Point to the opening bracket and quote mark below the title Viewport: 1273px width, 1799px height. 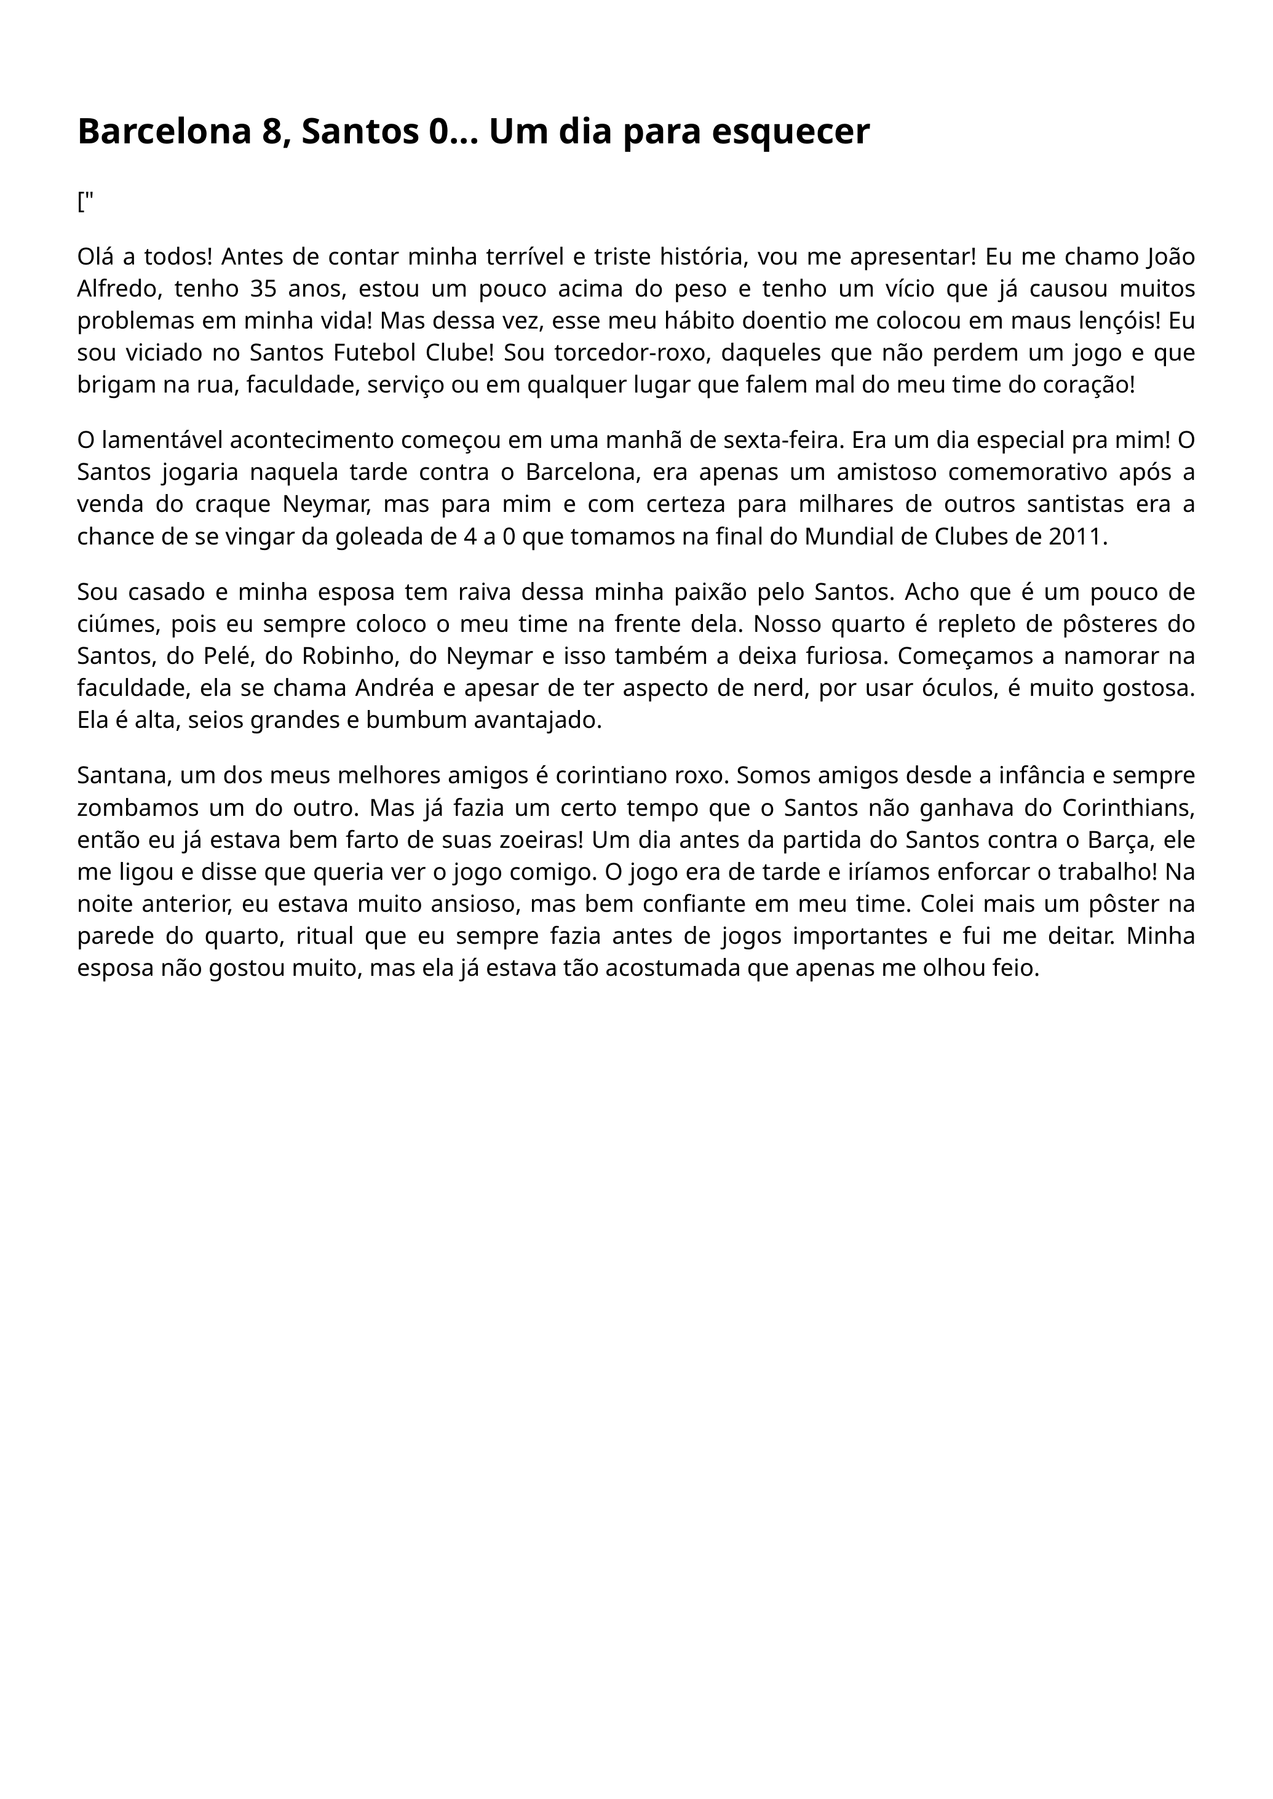point(85,202)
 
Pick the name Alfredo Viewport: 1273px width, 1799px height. point(118,289)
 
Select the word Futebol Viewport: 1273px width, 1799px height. point(373,353)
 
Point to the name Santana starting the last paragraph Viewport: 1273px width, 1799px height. point(123,775)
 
